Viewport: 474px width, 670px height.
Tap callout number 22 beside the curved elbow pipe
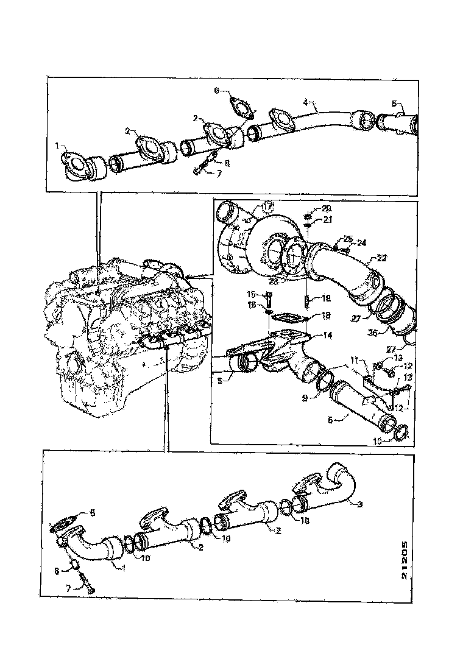(381, 258)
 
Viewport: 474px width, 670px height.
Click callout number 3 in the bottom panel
(361, 504)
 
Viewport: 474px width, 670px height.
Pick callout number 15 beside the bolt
(267, 295)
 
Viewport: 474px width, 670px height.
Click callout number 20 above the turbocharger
(327, 208)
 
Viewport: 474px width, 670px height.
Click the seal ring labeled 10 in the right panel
(398, 434)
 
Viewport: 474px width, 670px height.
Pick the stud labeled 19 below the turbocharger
(306, 301)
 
